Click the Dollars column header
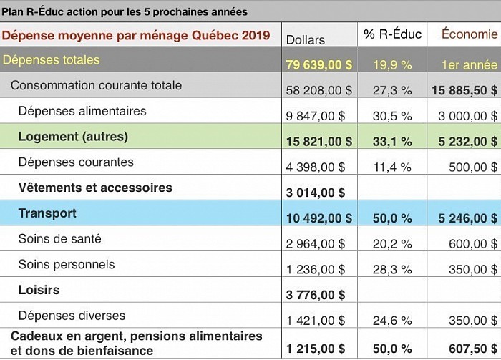(x=306, y=40)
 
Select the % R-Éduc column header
(x=393, y=34)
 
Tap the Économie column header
(x=470, y=34)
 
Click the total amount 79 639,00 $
(x=319, y=65)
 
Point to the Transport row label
(x=47, y=213)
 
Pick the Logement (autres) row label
(x=73, y=137)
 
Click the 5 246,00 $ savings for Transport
(x=468, y=218)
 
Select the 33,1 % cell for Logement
(x=392, y=142)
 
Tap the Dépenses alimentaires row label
(x=82, y=111)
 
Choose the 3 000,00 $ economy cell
(x=468, y=116)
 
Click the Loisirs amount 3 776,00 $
(x=316, y=295)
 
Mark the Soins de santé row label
(x=59, y=238)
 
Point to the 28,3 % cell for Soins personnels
(x=392, y=269)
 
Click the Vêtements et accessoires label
(x=95, y=188)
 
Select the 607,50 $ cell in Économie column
(x=473, y=349)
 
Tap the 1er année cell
(x=470, y=65)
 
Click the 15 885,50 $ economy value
(x=464, y=90)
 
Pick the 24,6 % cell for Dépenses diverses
(x=392, y=321)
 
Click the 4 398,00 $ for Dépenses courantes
(x=316, y=167)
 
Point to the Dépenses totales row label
(x=51, y=59)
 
